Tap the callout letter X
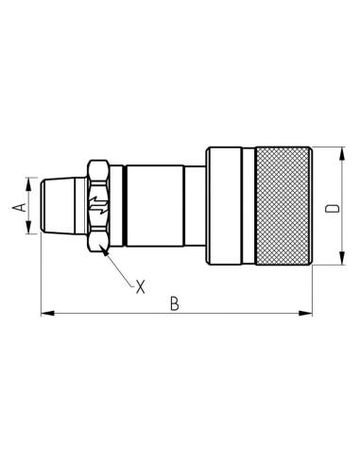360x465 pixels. (140, 284)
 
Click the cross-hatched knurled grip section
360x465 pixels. (278, 206)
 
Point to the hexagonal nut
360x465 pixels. (100, 206)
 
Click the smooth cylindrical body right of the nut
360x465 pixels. (151, 206)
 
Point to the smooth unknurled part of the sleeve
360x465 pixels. (226, 206)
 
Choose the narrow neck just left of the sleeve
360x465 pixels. (195, 206)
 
